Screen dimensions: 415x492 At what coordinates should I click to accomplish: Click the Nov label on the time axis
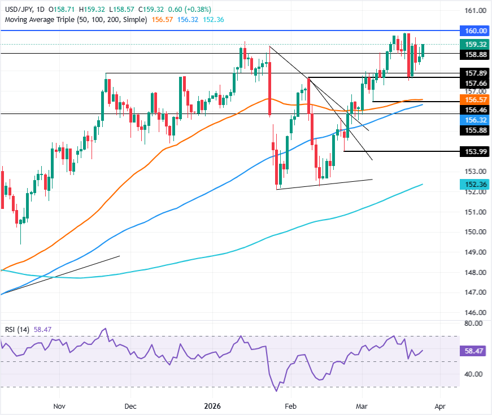59,405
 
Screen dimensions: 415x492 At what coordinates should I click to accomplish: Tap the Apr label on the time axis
441,405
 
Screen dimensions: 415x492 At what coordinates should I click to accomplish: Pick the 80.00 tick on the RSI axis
472,324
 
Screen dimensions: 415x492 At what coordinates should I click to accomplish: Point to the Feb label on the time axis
290,405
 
